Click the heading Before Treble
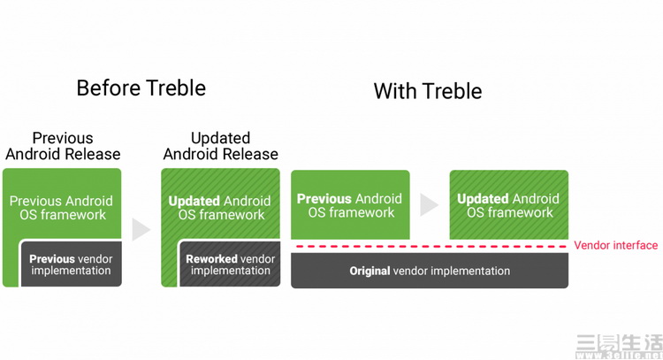pyautogui.click(x=141, y=88)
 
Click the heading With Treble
pyautogui.click(x=427, y=91)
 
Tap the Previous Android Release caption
pyautogui.click(x=63, y=146)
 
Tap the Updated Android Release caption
pyautogui.click(x=220, y=146)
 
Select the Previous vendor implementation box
pyautogui.click(x=71, y=264)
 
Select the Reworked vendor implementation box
pyautogui.click(x=230, y=264)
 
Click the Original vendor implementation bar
pyautogui.click(x=430, y=271)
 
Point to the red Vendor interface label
pyautogui.click(x=615, y=245)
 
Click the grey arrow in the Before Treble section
pyautogui.click(x=141, y=230)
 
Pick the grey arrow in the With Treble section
pyautogui.click(x=429, y=205)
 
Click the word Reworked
pyautogui.click(x=211, y=259)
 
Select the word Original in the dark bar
pyautogui.click(x=370, y=271)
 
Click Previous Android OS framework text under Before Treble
pyautogui.click(x=62, y=208)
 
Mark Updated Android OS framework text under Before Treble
pyautogui.click(x=220, y=208)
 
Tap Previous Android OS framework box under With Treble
pyautogui.click(x=350, y=205)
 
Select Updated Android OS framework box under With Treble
pyautogui.click(x=508, y=205)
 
